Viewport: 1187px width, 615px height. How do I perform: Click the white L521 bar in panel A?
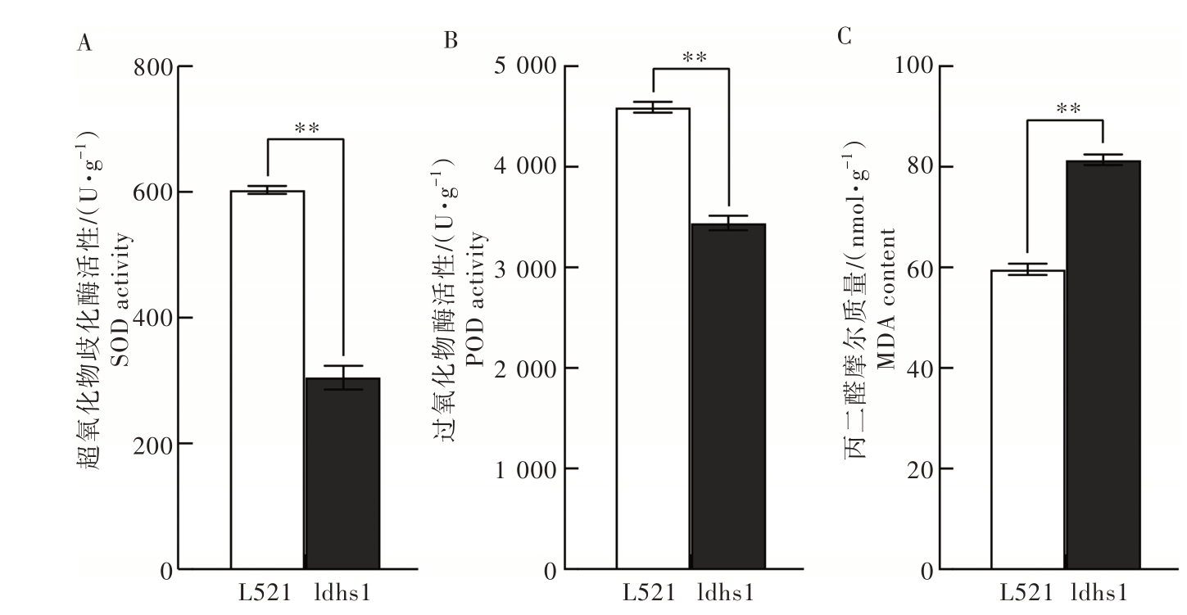(268, 380)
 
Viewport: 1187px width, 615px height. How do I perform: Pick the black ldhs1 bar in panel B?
(727, 396)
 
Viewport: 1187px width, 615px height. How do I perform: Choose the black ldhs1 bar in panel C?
(1103, 364)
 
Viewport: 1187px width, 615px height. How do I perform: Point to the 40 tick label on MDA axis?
(919, 369)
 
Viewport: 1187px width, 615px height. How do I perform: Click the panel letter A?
(83, 43)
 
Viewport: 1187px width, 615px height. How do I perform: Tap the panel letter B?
(450, 40)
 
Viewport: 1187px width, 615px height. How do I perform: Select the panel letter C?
(845, 38)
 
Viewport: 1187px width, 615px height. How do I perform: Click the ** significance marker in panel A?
(306, 128)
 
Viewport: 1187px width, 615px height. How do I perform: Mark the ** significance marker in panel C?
(1067, 108)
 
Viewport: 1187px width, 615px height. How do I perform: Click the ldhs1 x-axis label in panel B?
(727, 592)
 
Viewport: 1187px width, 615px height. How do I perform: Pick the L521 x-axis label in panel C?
(1023, 592)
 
